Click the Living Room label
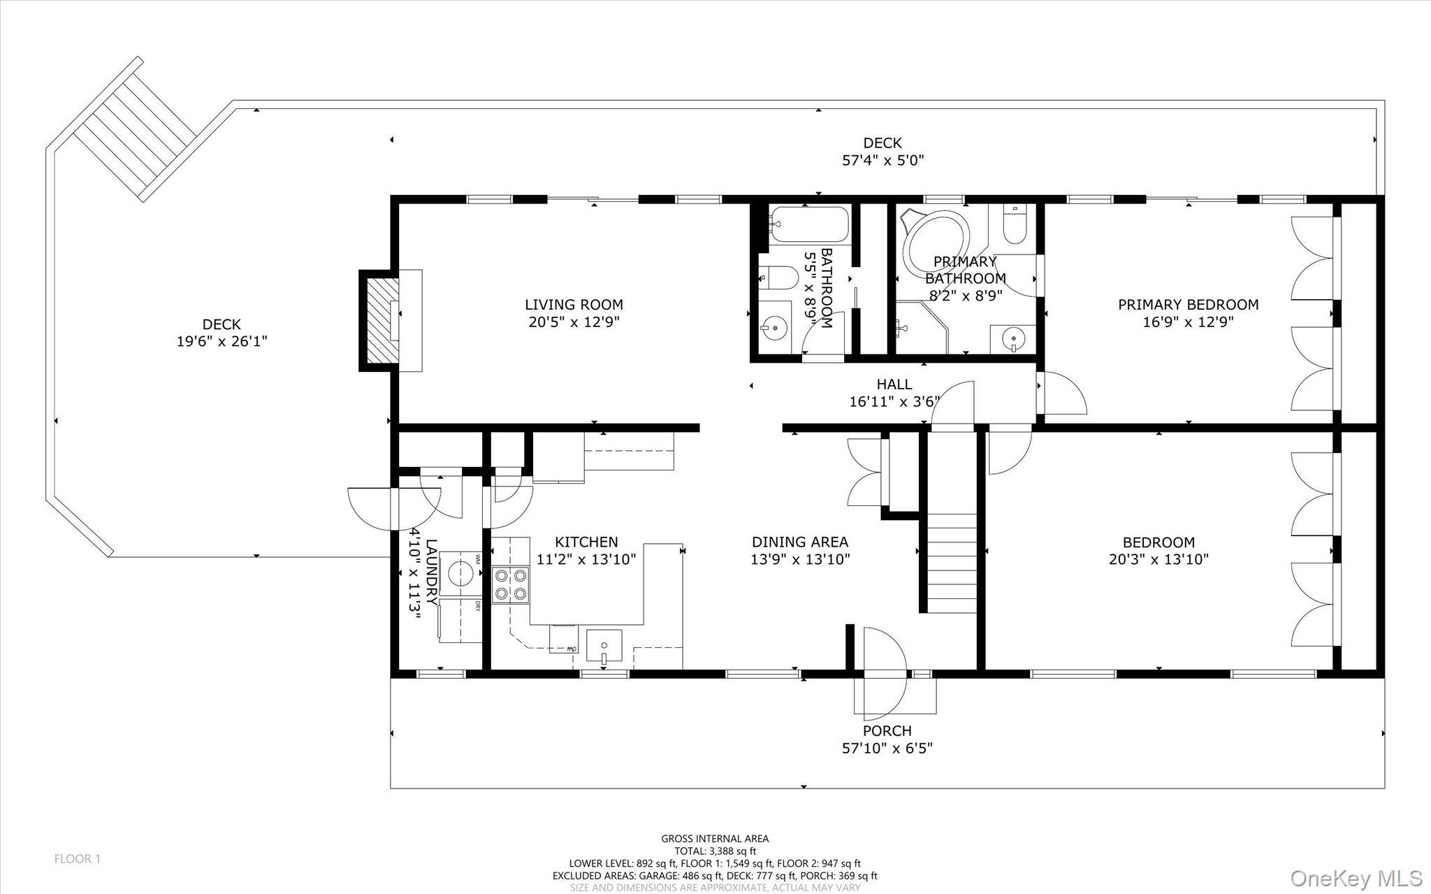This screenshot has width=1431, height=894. click(574, 305)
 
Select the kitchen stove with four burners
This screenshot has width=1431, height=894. click(511, 585)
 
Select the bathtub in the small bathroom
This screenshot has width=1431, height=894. click(809, 224)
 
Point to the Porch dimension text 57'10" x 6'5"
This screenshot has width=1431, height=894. click(887, 749)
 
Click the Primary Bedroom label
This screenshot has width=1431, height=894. click(1188, 305)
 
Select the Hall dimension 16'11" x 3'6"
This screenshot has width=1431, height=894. click(894, 402)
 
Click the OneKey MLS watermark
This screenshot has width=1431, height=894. click(1356, 878)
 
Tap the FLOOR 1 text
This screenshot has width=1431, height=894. click(78, 859)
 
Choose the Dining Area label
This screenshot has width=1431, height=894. click(800, 542)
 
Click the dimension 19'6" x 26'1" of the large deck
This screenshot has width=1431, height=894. click(221, 342)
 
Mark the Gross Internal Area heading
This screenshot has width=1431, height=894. click(715, 839)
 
